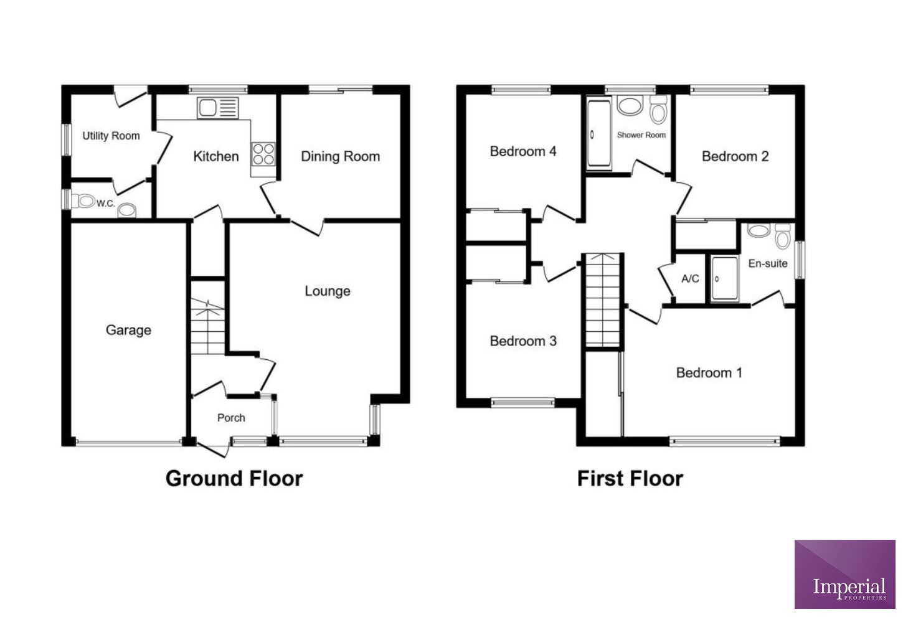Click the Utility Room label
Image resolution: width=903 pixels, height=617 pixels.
pyautogui.click(x=111, y=136)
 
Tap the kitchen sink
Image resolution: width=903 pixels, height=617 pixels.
pyautogui.click(x=217, y=108)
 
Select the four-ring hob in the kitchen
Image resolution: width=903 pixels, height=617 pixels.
pyautogui.click(x=263, y=154)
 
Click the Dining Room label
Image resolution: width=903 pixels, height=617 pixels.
pyautogui.click(x=340, y=156)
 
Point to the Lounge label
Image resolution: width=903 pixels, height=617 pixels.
pyautogui.click(x=327, y=291)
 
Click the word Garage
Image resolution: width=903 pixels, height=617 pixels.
pyautogui.click(x=128, y=330)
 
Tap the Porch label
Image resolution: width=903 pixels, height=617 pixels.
pyautogui.click(x=231, y=418)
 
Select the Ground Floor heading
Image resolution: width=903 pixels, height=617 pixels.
pyautogui.click(x=234, y=478)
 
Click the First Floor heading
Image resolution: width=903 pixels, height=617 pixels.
pyautogui.click(x=630, y=478)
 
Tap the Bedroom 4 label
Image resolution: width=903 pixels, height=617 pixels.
pyautogui.click(x=523, y=151)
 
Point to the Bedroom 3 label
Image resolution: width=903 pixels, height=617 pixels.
pyautogui.click(x=523, y=341)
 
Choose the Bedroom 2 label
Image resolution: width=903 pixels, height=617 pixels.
pyautogui.click(x=735, y=156)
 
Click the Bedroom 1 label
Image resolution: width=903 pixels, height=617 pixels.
pyautogui.click(x=709, y=372)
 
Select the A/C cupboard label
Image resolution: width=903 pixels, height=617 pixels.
pyautogui.click(x=690, y=279)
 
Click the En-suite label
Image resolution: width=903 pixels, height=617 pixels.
pyautogui.click(x=767, y=263)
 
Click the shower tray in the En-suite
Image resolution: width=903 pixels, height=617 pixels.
pyautogui.click(x=724, y=279)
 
